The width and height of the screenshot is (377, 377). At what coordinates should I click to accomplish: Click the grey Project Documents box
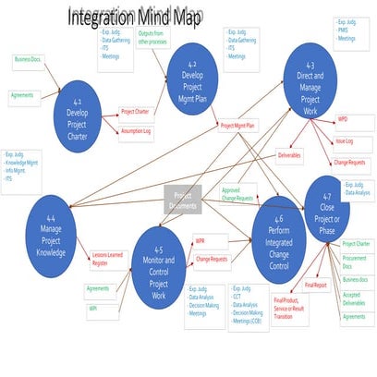click(182, 200)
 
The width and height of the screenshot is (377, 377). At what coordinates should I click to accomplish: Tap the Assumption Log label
click(138, 131)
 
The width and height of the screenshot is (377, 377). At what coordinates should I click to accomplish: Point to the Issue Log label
click(344, 141)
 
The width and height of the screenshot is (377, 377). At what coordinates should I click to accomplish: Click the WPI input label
click(93, 309)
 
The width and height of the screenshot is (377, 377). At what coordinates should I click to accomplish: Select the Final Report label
click(315, 285)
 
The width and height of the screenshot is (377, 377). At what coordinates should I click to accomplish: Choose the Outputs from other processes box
click(152, 38)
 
